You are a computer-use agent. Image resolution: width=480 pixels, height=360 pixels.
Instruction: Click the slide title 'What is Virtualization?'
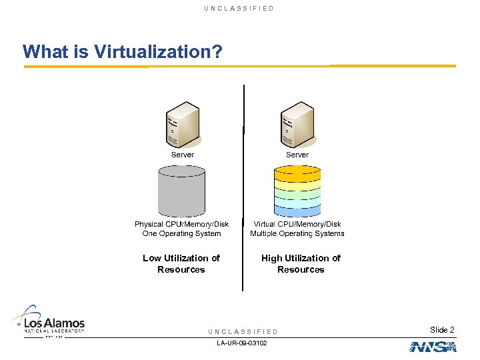point(122,51)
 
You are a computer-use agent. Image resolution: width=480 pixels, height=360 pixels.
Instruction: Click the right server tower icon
point(297,125)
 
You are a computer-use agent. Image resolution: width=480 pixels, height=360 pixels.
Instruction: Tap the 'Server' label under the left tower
point(183,155)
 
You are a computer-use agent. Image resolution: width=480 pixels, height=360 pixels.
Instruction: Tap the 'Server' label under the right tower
point(297,155)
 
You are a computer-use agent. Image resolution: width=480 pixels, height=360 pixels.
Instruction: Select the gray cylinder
point(181,191)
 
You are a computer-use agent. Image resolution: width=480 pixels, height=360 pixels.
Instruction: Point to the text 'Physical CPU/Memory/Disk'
point(181,224)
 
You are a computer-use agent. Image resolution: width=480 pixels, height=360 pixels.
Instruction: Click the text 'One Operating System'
point(181,233)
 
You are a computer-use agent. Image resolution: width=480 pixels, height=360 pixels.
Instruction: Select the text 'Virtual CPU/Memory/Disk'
point(297,224)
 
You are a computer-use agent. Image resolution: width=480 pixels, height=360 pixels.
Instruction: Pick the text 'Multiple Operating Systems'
point(297,233)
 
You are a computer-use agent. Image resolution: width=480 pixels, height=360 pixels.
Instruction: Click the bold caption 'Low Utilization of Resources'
point(181,263)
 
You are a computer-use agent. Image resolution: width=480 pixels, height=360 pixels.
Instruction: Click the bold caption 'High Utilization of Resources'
point(301,263)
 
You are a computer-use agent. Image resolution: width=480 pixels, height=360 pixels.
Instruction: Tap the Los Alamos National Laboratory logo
point(49,322)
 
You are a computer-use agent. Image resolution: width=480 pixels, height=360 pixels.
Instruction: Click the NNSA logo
point(433,347)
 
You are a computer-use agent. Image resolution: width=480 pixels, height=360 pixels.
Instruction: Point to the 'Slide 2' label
point(442,330)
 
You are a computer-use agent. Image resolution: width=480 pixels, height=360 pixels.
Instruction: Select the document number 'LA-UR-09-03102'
point(242,343)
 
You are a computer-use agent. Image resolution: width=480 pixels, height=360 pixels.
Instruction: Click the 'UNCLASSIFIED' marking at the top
point(239,8)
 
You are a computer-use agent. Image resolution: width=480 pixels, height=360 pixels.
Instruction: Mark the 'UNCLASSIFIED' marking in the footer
point(243,331)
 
